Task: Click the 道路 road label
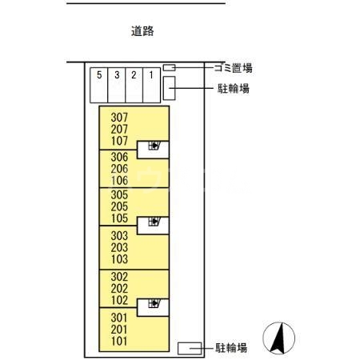(x=142, y=32)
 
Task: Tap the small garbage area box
(x=169, y=68)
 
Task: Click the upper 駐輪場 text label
(x=234, y=88)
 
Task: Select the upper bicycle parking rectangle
(x=170, y=87)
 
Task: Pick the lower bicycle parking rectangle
(x=190, y=347)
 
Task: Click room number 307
(x=120, y=117)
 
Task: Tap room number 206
(x=120, y=169)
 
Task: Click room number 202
(x=120, y=288)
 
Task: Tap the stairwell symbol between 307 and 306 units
(x=152, y=147)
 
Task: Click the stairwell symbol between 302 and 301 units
(x=152, y=305)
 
